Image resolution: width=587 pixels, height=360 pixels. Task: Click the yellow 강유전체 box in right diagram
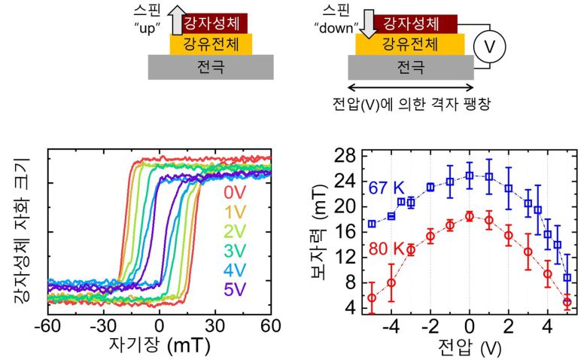tap(406, 44)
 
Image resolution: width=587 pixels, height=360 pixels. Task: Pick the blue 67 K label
tap(388, 186)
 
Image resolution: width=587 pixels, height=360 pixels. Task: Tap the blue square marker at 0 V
tap(469, 175)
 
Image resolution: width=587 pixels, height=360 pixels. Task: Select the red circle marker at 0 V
tap(469, 216)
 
